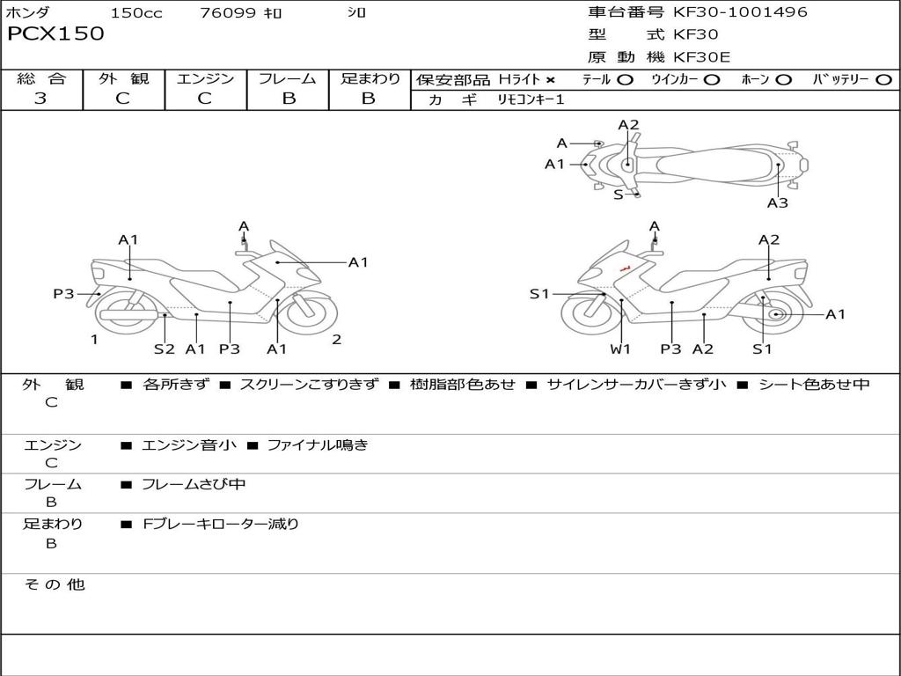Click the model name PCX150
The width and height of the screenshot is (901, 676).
55,34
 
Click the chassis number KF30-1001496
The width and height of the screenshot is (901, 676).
740,12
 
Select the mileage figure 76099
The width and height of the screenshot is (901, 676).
228,12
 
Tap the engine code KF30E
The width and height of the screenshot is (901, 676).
701,57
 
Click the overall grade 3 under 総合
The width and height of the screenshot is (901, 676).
40,98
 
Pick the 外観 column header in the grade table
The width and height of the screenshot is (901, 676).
123,78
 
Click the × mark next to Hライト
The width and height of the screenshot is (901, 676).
551,80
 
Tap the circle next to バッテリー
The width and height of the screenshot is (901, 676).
883,80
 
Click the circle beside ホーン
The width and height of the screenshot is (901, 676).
784,80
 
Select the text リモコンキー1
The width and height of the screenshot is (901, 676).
531,99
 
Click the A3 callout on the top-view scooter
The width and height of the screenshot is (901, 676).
778,203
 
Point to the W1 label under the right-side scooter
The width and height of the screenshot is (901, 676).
620,349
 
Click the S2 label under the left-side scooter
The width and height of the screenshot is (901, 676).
165,349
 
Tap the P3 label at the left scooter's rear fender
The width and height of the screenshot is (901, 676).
63,294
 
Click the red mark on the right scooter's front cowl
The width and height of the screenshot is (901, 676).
626,268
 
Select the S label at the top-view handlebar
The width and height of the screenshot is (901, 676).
619,195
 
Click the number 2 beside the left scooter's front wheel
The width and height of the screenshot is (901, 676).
337,340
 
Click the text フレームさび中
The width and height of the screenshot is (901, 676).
194,485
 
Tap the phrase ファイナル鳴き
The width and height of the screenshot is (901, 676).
318,445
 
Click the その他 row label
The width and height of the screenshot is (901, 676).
55,584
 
